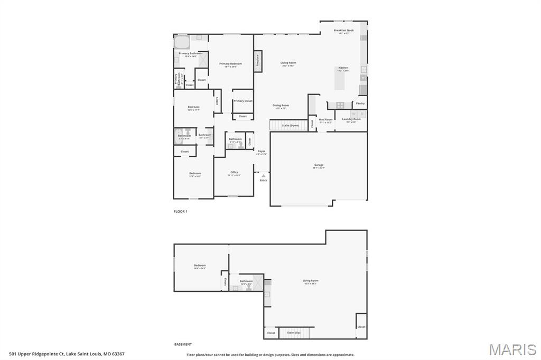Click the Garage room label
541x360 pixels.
click(319, 165)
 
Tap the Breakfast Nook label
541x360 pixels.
click(344, 31)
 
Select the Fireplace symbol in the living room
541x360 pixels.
click(258, 61)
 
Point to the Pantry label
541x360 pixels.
click(360, 103)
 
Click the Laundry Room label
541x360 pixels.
click(351, 119)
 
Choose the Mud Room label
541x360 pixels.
click(325, 120)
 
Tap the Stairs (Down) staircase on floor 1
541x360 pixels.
click(289, 125)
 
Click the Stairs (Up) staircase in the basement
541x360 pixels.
click(294, 333)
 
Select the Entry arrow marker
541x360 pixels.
click(263, 176)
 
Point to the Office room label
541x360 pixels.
click(234, 173)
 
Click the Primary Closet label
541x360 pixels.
click(243, 101)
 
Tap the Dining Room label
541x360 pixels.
click(281, 106)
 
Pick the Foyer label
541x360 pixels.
click(262, 151)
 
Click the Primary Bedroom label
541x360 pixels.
click(230, 64)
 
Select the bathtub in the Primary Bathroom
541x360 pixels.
click(182, 42)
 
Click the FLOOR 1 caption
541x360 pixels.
click(181, 211)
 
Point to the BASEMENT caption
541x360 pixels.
click(183, 344)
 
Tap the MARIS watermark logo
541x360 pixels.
click(512, 349)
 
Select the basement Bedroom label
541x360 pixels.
click(200, 266)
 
